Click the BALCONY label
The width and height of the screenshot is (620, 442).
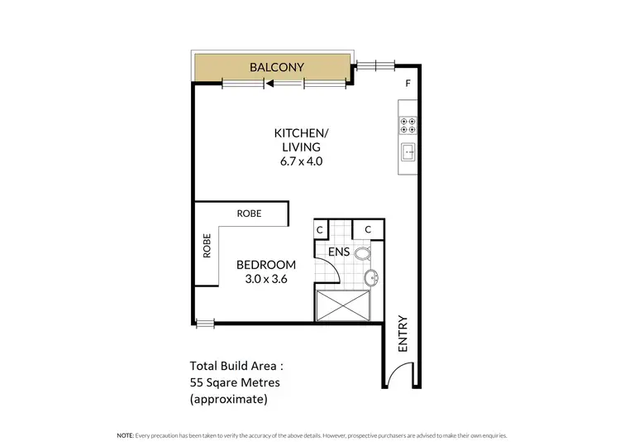(271, 67)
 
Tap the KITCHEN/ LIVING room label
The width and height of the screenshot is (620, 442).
(298, 140)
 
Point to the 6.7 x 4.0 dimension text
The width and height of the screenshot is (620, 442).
(298, 161)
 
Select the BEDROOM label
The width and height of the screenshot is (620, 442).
(266, 265)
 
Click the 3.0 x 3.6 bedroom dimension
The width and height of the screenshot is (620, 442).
(266, 279)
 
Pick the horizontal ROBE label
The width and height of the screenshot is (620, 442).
(249, 214)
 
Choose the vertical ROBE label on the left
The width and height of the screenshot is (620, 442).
(207, 246)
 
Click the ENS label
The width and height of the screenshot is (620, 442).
(338, 251)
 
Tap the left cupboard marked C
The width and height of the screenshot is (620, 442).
(322, 229)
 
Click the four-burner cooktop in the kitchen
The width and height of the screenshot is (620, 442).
(408, 123)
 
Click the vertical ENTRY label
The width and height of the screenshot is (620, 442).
(403, 334)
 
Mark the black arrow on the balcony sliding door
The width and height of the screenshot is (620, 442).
(269, 83)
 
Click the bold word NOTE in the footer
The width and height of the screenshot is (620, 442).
(125, 435)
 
